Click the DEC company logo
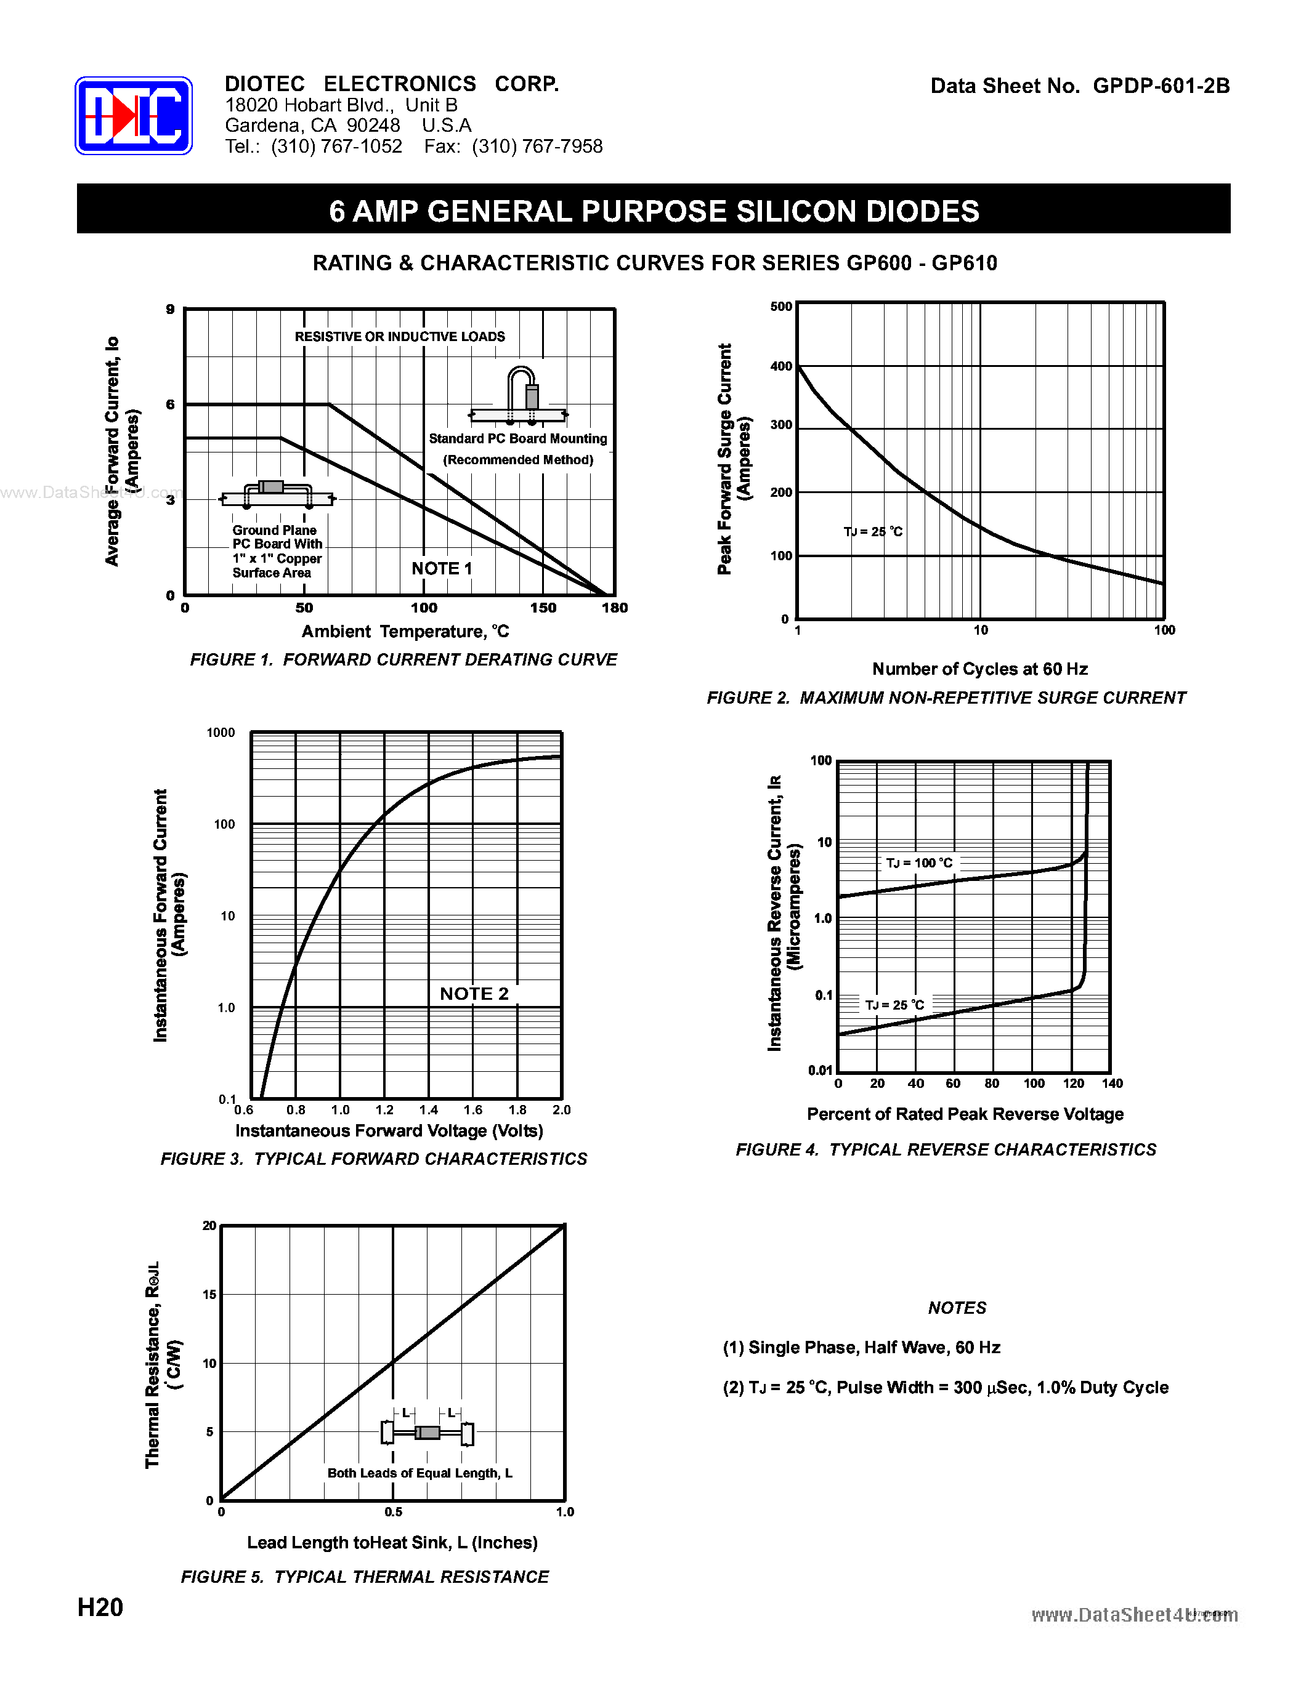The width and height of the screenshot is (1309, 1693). coord(134,116)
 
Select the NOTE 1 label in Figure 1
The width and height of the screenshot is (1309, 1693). coord(441,568)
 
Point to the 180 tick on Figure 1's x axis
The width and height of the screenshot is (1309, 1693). coord(614,608)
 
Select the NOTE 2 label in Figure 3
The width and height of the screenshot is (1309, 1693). coord(474,994)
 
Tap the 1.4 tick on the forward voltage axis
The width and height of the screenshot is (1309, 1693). coord(428,1110)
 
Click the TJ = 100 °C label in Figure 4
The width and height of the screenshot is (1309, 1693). coord(919,863)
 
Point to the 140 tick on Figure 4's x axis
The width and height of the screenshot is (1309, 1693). coord(1111,1084)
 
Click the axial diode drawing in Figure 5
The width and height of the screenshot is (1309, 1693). coord(428,1433)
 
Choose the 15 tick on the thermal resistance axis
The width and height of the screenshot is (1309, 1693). coord(209,1295)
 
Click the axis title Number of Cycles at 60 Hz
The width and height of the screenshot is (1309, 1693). coord(979,669)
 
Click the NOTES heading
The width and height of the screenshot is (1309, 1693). coord(957,1308)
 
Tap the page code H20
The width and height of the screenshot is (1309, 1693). coord(100,1607)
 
